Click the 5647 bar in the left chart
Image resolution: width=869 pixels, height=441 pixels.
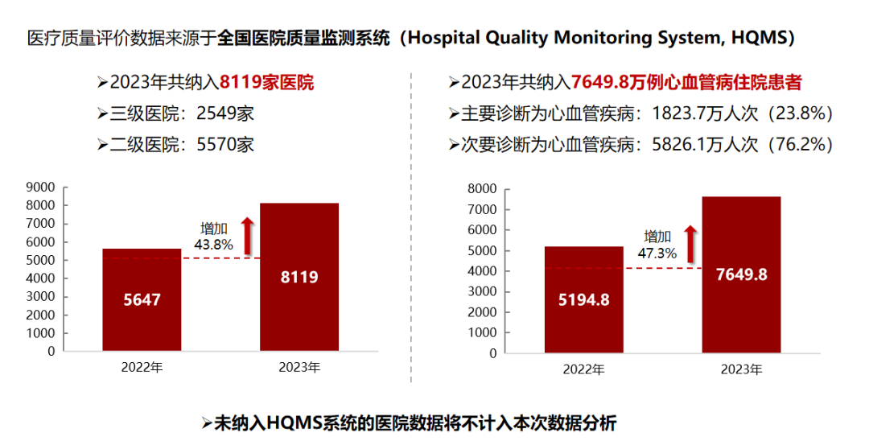pos(142,299)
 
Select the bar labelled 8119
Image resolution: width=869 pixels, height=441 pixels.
pos(299,277)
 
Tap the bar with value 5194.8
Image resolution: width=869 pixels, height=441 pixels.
pos(583,299)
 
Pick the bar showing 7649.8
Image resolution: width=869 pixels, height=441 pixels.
pos(741,274)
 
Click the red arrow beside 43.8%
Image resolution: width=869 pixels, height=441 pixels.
pos(248,234)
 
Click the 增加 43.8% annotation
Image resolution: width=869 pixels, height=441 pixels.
pos(213,236)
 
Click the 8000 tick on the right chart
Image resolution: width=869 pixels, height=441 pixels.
pos(482,189)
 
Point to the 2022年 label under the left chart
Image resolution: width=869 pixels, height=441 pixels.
pos(142,368)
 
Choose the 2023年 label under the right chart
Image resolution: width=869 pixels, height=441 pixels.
pos(741,369)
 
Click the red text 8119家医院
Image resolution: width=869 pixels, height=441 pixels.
pos(266,82)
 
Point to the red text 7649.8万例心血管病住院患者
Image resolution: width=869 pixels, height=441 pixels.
pos(687,82)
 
